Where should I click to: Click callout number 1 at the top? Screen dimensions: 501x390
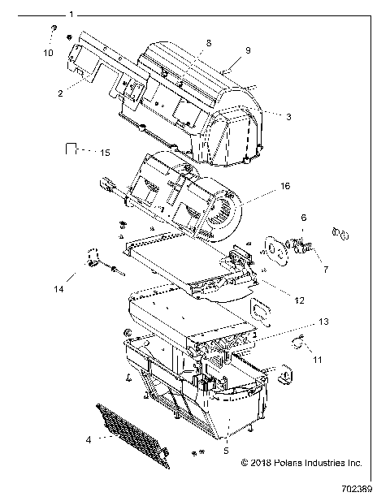71,15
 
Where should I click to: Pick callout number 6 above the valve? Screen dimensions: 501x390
304,218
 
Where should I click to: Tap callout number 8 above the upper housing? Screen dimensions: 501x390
209,41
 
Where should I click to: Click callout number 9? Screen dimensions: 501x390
247,51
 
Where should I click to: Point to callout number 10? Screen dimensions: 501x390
47,53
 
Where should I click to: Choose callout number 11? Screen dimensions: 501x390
318,358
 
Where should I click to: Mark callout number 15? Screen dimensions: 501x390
104,152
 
